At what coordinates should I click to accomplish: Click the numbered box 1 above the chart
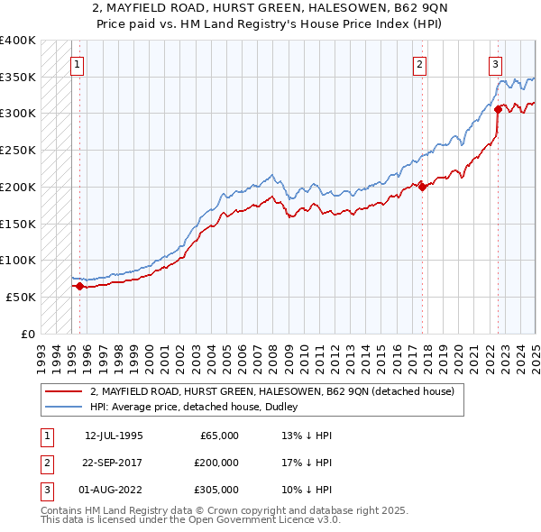(x=78, y=64)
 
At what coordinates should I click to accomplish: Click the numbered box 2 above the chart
(x=419, y=64)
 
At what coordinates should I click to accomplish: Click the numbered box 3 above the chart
(x=496, y=64)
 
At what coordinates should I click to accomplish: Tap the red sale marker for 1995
(x=79, y=286)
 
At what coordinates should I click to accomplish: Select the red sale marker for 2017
(x=423, y=188)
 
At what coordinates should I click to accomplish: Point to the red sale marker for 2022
(x=498, y=110)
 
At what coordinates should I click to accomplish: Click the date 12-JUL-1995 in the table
(x=114, y=436)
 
